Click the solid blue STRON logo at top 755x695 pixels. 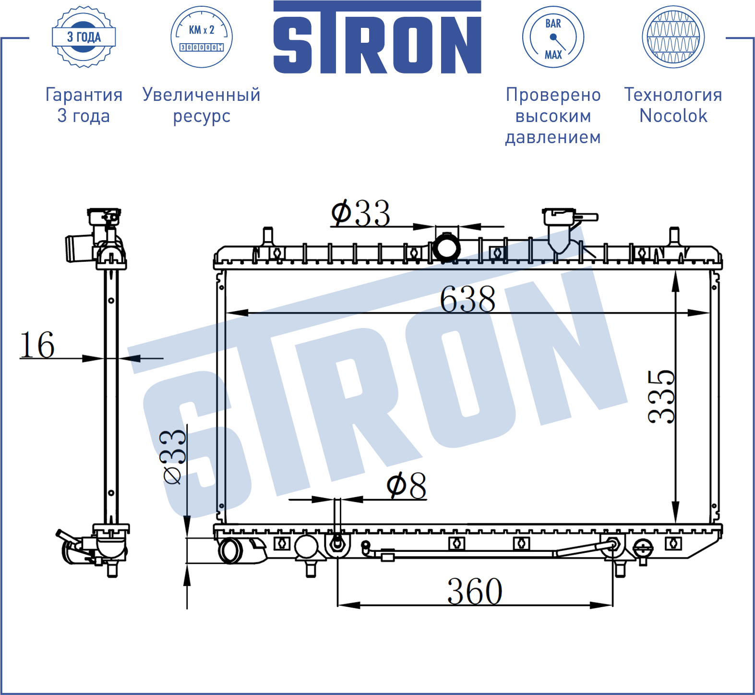[377, 37]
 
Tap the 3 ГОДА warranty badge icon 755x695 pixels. [84, 37]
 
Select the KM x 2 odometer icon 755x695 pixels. [202, 37]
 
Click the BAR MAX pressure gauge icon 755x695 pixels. [553, 37]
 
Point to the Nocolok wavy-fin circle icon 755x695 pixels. [673, 37]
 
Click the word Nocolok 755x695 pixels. [673, 116]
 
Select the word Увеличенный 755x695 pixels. [202, 95]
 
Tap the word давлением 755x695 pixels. [553, 137]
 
